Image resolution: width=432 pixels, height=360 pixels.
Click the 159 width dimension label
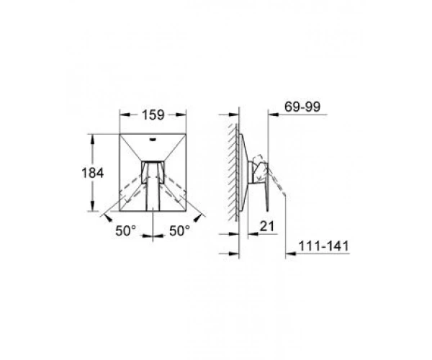tap(153, 115)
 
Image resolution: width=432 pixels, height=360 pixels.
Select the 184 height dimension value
tap(93, 173)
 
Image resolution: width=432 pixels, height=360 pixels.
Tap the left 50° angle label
tap(125, 231)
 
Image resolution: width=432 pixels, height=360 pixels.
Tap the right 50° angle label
tap(179, 231)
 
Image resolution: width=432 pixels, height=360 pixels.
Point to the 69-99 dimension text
tap(302, 107)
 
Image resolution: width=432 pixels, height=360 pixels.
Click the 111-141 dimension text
tap(324, 246)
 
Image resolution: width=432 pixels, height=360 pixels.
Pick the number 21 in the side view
tap(267, 226)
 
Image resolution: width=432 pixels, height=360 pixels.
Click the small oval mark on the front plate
tap(153, 140)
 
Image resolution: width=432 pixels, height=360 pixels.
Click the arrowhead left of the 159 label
tap(125, 115)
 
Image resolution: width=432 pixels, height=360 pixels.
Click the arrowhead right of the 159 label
tap(181, 115)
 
